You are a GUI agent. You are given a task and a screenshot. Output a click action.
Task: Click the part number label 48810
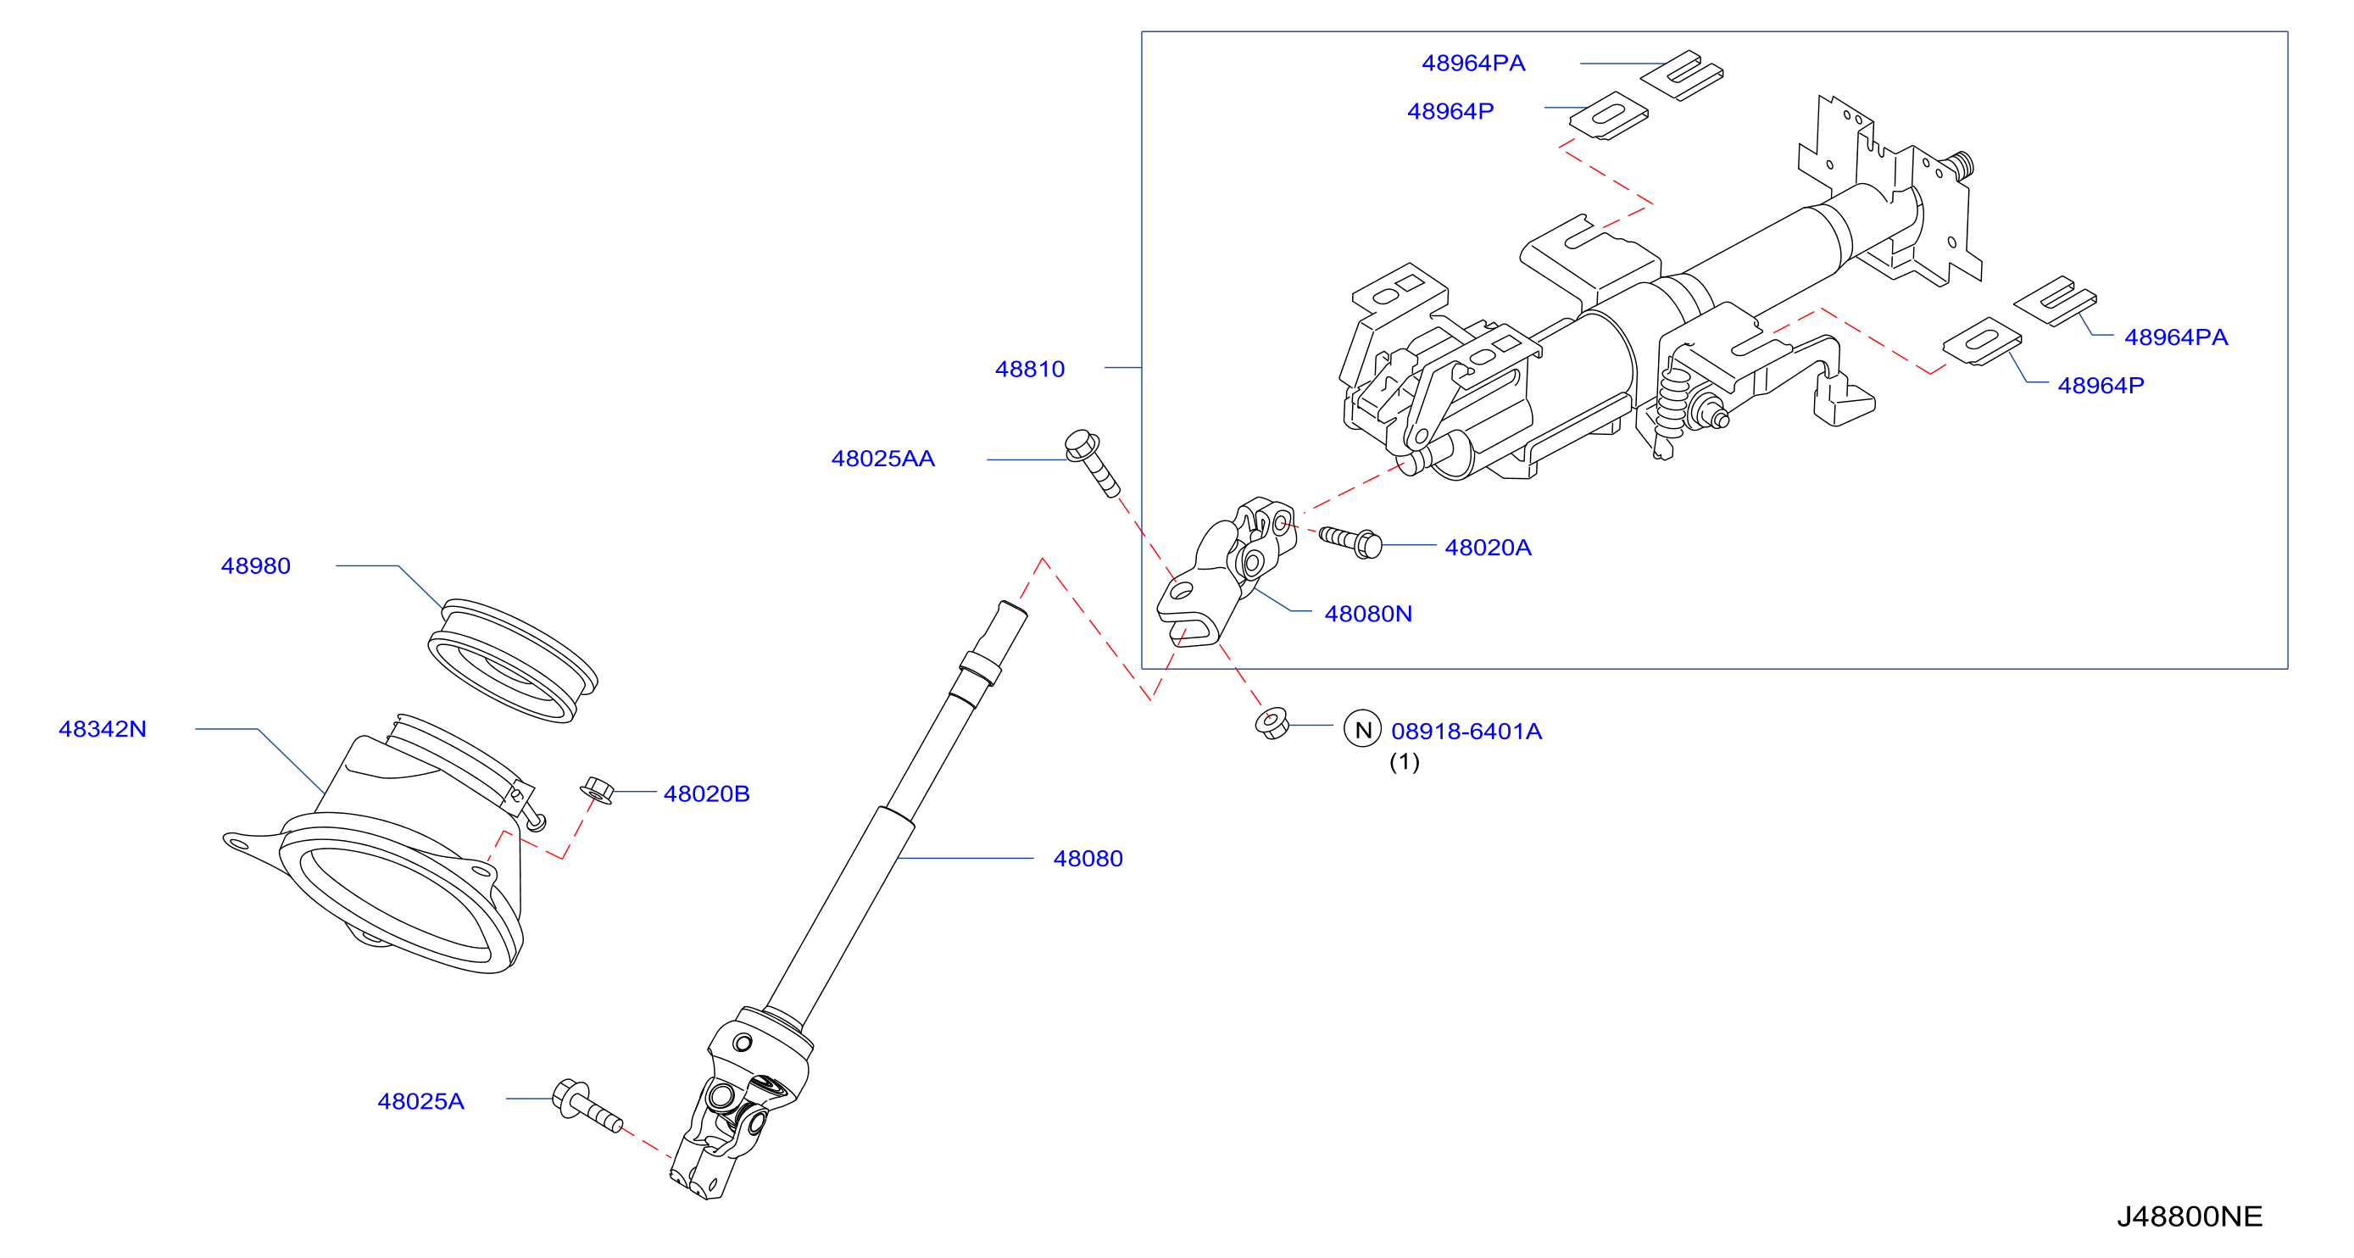coord(1030,369)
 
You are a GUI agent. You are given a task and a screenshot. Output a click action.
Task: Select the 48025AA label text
coord(882,459)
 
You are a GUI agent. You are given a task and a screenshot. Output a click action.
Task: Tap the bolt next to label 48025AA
coord(1092,463)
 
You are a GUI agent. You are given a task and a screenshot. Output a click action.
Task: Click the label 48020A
coord(1488,548)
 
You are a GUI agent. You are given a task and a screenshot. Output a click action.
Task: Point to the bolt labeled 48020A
coord(1350,542)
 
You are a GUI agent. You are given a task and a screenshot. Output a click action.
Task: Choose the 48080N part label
coord(1368,614)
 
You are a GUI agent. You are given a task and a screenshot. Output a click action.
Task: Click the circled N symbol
coord(1362,729)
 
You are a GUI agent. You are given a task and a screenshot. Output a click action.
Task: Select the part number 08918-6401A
coord(1466,731)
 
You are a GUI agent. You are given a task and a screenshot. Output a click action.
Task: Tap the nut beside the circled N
coord(1272,722)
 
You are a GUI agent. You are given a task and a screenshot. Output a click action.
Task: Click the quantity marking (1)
coord(1405,762)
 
